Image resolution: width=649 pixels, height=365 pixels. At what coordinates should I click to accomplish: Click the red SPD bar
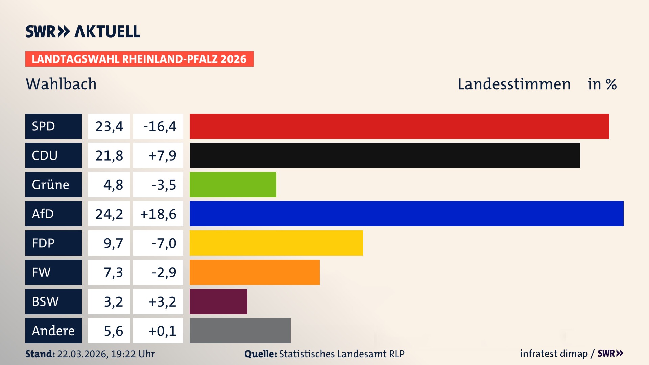coord(399,126)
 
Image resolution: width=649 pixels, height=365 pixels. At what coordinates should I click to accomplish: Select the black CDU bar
coord(385,155)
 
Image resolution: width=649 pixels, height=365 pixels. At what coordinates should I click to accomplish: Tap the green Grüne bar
coord(233,185)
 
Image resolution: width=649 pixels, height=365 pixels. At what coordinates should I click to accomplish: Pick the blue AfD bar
coord(406,214)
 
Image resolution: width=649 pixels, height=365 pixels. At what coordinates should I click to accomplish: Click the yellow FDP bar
coord(276,243)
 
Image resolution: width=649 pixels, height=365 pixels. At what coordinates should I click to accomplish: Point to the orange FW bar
coord(254,272)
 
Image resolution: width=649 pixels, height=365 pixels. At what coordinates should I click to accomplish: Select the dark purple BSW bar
coord(218,301)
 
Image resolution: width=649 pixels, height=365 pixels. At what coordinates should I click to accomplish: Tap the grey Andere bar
coord(240,331)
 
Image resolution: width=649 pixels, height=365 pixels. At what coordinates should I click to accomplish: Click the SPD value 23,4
coord(109,126)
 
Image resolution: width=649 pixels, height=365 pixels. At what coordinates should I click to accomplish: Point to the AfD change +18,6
coord(158,214)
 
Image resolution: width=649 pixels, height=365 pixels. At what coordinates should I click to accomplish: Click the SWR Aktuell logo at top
coord(82,31)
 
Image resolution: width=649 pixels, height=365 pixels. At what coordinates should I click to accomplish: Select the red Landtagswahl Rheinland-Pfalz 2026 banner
coord(139,59)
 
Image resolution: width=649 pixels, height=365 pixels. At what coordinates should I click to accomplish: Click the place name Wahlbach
coord(61,84)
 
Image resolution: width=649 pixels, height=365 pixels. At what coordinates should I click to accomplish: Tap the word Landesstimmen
coord(514,84)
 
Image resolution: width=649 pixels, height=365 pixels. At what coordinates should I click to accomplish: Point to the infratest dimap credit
coord(554,354)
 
